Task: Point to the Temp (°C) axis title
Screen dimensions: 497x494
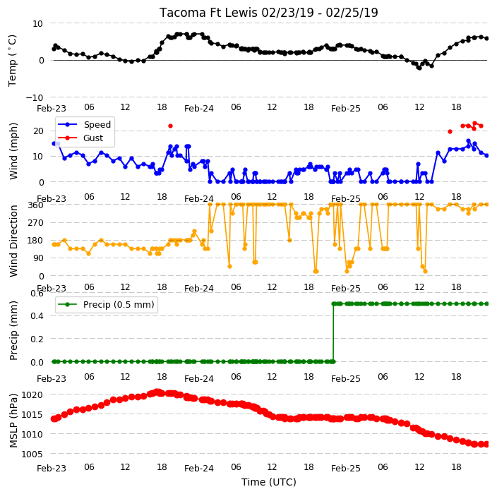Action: click(12, 61)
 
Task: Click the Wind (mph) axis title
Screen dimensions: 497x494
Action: click(13, 151)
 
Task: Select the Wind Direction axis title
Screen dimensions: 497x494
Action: click(13, 241)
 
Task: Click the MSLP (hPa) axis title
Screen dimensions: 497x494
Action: click(13, 421)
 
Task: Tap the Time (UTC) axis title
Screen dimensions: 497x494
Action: click(269, 482)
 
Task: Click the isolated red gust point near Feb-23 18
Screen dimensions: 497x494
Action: click(171, 126)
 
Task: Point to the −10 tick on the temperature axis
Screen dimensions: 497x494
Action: click(35, 97)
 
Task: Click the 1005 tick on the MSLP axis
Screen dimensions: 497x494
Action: click(32, 454)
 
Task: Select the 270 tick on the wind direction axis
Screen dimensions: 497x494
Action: click(36, 223)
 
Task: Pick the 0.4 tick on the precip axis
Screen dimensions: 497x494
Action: click(37, 316)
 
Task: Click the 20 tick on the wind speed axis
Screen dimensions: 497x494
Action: click(38, 131)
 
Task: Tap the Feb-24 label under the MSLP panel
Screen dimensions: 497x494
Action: click(199, 469)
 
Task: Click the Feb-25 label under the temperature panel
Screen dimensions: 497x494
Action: click(346, 109)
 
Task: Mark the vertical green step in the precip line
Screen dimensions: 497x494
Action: click(333, 332)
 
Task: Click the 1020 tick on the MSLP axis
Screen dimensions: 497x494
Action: click(32, 394)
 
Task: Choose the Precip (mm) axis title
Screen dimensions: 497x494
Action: click(13, 330)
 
